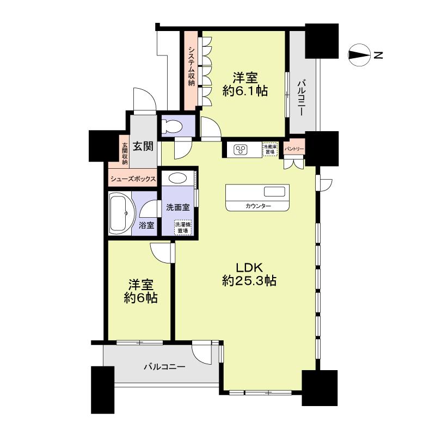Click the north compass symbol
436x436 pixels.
(358, 54)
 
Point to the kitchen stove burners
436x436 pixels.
(241, 149)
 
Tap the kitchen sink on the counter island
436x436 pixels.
(274, 192)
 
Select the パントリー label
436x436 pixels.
(294, 149)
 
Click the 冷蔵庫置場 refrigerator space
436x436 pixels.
(269, 149)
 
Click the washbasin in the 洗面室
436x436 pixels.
(176, 177)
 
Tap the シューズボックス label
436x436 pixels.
(133, 179)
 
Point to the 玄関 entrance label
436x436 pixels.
(143, 146)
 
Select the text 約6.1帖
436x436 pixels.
(245, 91)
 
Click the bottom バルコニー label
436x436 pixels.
(164, 366)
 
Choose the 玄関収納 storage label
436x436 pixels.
(125, 153)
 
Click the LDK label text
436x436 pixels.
(249, 267)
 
